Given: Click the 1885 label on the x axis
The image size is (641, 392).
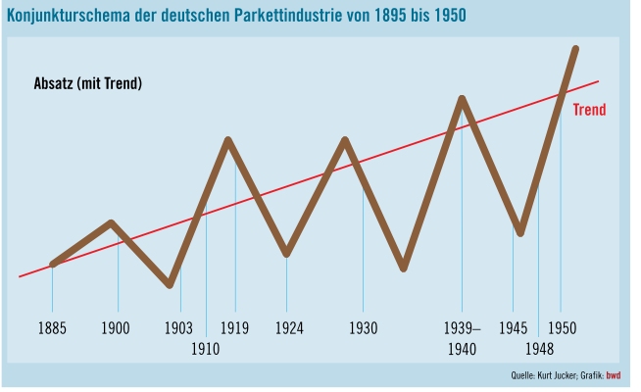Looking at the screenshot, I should [x=53, y=327].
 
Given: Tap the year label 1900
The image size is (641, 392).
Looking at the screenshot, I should [x=116, y=327].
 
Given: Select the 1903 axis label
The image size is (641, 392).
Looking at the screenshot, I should [x=178, y=327].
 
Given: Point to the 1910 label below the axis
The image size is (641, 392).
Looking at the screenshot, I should [x=205, y=348].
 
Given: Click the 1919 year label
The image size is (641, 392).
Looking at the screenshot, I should [x=234, y=327].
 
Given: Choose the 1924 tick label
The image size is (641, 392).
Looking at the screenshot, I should [x=287, y=327].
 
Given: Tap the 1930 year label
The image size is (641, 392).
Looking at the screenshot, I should [x=363, y=327].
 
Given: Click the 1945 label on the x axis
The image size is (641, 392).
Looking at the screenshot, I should [x=514, y=327].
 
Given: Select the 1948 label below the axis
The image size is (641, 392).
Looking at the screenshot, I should [x=538, y=348].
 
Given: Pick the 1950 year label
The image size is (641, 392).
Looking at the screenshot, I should [x=563, y=327].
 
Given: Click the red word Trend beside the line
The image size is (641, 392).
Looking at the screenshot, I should [x=589, y=110].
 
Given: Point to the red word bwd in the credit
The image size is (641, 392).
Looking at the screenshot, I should [x=614, y=375].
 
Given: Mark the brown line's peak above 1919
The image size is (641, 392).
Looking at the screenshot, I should [x=228, y=140].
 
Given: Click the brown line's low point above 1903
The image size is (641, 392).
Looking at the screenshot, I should [x=171, y=284].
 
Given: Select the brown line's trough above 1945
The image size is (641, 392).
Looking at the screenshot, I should [x=520, y=233].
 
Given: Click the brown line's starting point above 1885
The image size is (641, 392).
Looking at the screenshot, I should [x=53, y=264].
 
